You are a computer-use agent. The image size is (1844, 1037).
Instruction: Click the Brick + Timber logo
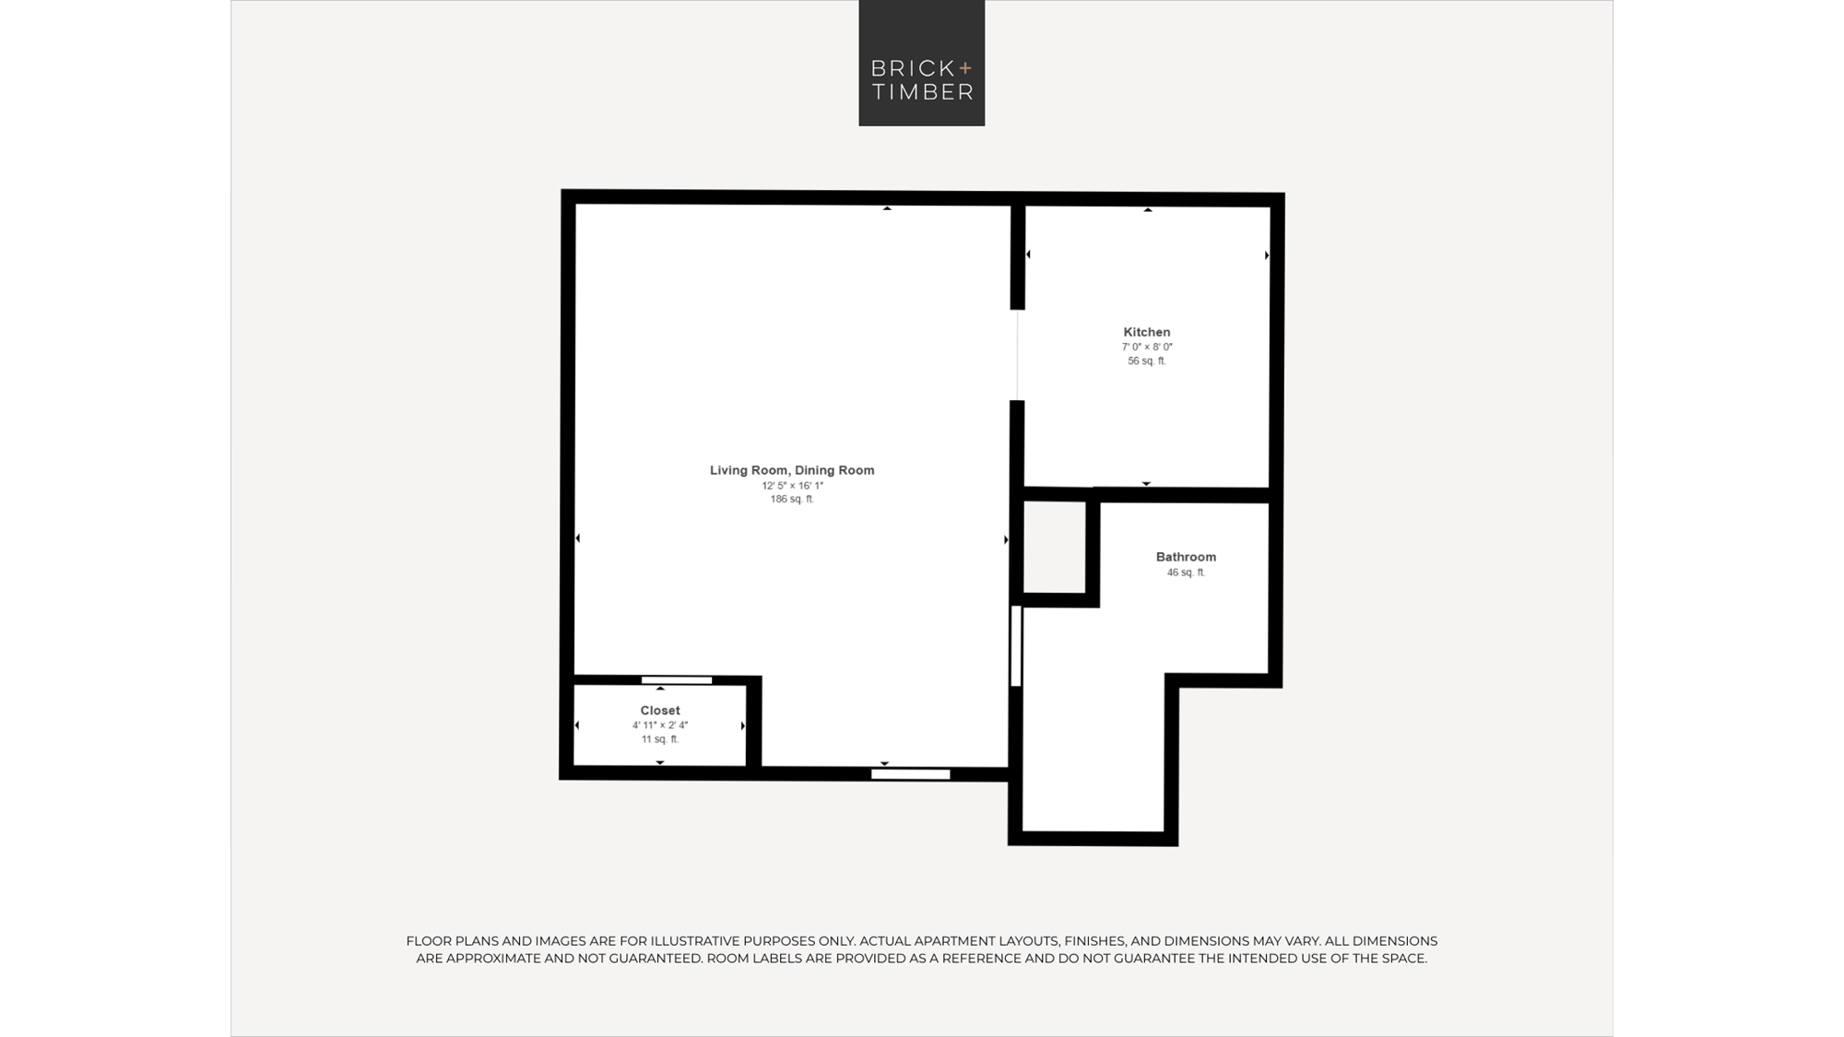[921, 63]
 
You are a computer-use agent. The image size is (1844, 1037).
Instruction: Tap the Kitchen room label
[1147, 332]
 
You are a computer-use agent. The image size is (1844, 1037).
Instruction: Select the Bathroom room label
[1186, 557]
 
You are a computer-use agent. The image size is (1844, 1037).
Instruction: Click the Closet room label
[660, 711]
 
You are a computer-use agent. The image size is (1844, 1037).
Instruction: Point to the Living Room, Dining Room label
[792, 470]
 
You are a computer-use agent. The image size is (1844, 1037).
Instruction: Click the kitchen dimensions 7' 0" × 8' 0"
[1147, 348]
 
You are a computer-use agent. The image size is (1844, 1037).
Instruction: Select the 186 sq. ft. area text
[792, 500]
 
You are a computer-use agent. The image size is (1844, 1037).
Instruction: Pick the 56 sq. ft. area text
[1147, 361]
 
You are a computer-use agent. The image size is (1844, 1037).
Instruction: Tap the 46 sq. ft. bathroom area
[1186, 572]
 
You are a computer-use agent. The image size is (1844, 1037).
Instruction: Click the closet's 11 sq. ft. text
[660, 739]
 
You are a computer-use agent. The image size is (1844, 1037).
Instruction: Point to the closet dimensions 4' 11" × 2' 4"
[660, 725]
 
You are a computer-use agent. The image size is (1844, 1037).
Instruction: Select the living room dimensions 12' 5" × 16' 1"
[792, 486]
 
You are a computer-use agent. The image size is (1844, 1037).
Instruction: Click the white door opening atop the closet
[677, 680]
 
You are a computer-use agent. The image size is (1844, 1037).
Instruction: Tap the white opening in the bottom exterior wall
[911, 774]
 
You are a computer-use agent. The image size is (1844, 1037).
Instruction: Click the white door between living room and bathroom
[1016, 646]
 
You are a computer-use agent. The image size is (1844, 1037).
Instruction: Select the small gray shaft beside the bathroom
[1055, 548]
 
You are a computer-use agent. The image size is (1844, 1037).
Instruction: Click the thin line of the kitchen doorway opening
[1018, 355]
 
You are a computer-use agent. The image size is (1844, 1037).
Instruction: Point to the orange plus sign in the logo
[965, 67]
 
